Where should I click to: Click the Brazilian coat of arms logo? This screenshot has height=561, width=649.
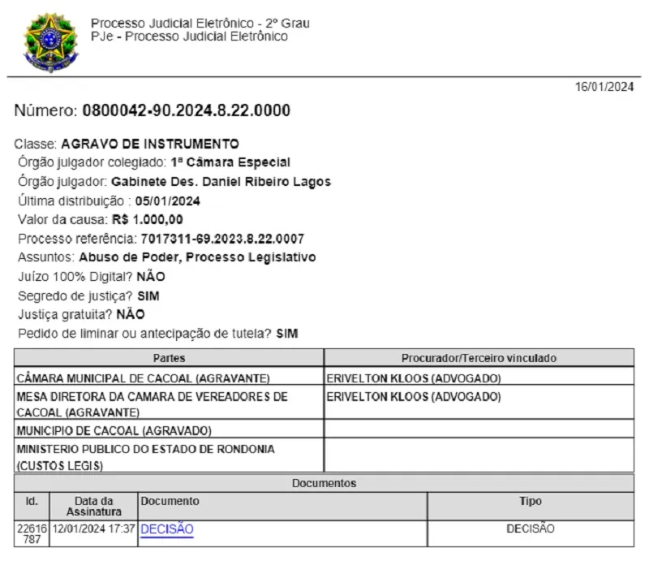[x=51, y=41]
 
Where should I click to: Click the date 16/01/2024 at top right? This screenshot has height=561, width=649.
[x=604, y=87]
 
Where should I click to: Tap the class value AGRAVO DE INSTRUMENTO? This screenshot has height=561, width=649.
[x=150, y=144]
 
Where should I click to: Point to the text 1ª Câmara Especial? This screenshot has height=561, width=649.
[x=230, y=162]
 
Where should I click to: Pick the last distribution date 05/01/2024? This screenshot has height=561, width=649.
[x=168, y=201]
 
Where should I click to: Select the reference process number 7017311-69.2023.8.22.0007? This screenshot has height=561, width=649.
[x=222, y=239]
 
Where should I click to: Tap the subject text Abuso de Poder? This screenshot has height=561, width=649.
[x=147, y=257]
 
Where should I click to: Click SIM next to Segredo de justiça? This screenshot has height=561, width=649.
[x=148, y=296]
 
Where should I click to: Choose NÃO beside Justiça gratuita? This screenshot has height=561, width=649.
[x=131, y=314]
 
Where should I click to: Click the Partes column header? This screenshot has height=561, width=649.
[x=169, y=358]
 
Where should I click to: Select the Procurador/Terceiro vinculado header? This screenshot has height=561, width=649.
[x=479, y=358]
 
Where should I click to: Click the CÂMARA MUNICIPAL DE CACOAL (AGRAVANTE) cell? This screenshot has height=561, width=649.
[x=143, y=378]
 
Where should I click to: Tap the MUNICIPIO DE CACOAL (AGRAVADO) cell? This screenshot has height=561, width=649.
[x=114, y=430]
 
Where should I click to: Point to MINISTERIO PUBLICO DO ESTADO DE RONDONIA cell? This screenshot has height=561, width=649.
[x=145, y=449]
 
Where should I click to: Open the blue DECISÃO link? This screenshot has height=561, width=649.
[x=167, y=529]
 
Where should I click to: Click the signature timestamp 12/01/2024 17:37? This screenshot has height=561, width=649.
[x=93, y=529]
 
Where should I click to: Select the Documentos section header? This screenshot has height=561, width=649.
[x=324, y=483]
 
